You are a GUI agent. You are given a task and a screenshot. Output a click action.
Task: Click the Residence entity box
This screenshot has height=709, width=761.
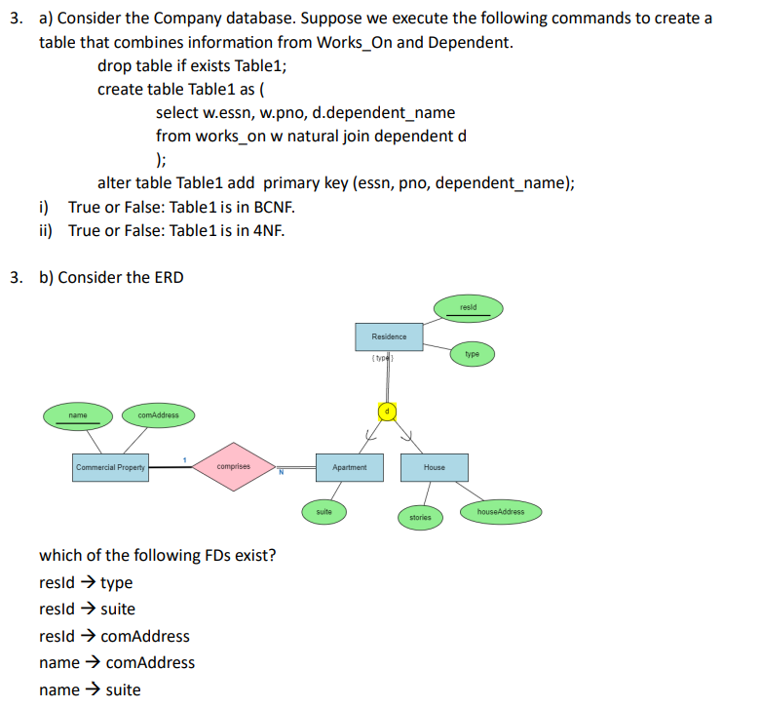click(x=389, y=336)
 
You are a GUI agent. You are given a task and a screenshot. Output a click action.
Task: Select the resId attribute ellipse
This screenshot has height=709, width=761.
click(x=469, y=309)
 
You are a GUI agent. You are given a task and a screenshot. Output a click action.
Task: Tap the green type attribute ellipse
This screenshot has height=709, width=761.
click(x=472, y=355)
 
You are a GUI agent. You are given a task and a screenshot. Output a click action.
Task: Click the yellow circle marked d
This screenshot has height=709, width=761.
click(x=386, y=412)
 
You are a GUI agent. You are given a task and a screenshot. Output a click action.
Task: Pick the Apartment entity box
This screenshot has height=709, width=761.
click(x=349, y=467)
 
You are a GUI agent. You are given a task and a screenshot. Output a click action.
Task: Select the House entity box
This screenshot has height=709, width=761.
click(x=434, y=467)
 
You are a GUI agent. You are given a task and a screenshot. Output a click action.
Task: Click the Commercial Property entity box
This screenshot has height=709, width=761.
click(x=110, y=467)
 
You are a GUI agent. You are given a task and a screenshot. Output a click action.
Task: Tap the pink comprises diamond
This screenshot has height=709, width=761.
click(x=233, y=466)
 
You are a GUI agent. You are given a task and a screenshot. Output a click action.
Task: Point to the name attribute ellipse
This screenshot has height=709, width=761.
click(x=78, y=416)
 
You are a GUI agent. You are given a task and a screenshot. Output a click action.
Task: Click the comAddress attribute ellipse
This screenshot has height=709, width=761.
click(x=158, y=416)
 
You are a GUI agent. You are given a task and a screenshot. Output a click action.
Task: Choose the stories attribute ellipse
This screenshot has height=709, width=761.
click(x=419, y=517)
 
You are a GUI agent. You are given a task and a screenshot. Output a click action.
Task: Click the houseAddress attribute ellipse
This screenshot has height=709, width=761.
click(x=500, y=511)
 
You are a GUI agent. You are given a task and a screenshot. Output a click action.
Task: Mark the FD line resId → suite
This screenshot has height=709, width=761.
click(x=87, y=610)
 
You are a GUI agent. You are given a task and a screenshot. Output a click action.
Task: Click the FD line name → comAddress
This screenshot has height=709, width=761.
click(x=116, y=663)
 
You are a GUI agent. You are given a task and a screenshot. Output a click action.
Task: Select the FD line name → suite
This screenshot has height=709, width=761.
click(x=89, y=690)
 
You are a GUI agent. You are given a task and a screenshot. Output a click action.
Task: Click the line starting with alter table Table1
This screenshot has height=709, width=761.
click(x=335, y=183)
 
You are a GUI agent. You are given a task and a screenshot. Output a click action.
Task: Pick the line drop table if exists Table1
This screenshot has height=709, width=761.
click(x=192, y=66)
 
